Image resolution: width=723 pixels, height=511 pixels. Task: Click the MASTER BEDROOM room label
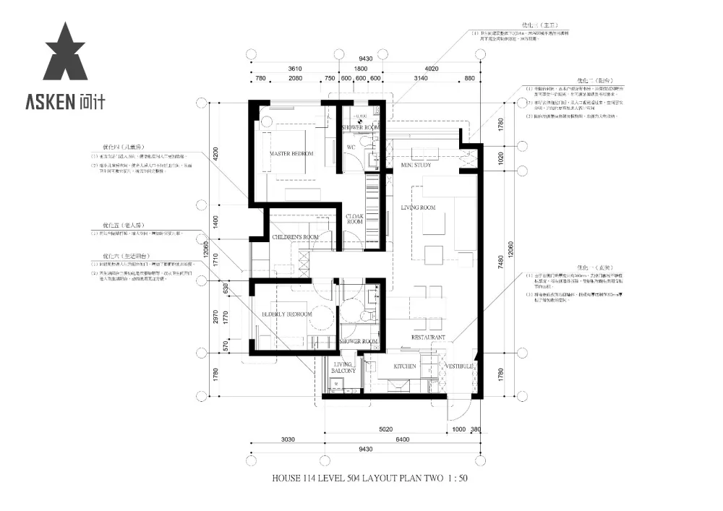click(291, 155)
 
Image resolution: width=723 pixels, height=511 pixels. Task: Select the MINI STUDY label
click(416, 166)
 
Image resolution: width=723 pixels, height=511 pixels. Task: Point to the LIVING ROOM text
click(419, 208)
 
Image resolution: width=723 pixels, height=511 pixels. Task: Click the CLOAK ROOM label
click(354, 219)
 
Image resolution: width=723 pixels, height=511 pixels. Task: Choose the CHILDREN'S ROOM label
click(295, 237)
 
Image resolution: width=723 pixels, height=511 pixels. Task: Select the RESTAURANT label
click(428, 338)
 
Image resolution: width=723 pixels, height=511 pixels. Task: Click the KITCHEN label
click(405, 366)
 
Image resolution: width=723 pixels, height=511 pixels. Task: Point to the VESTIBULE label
click(457, 367)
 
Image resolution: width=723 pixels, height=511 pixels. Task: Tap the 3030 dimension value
click(288, 439)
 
